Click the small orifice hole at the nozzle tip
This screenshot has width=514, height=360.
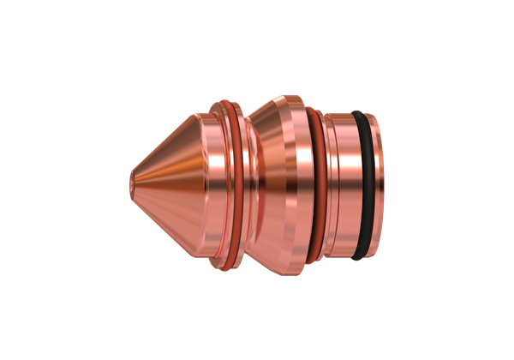click(x=129, y=180)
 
